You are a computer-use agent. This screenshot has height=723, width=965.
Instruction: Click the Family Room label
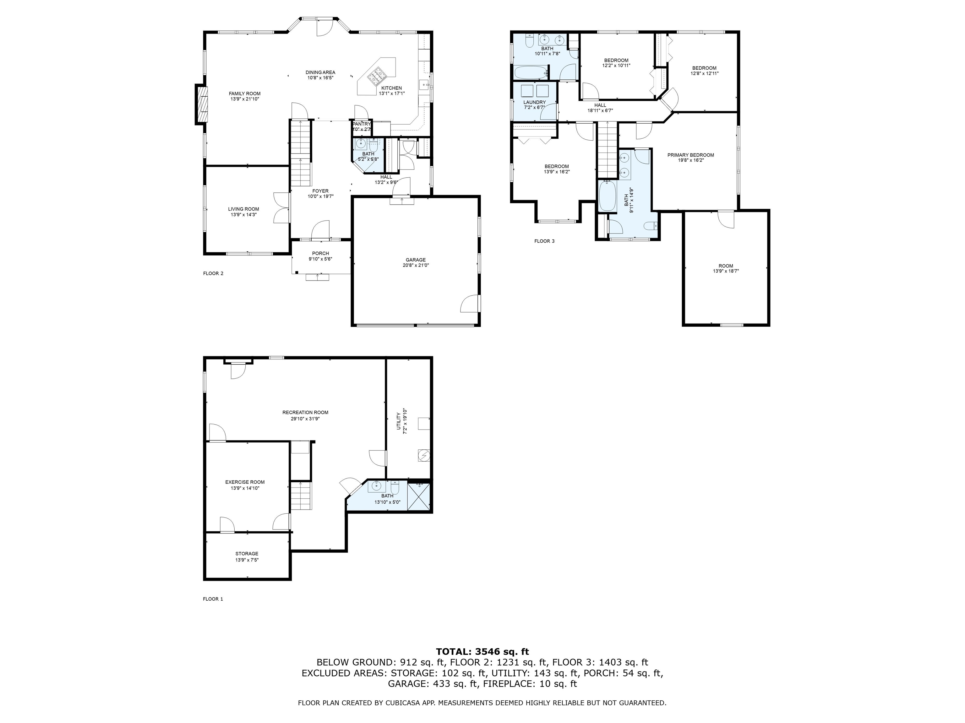(244, 93)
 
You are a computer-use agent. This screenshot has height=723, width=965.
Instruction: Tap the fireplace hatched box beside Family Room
(202, 104)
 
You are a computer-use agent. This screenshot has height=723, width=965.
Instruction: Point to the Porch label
(320, 253)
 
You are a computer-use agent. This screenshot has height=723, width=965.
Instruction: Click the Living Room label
(243, 209)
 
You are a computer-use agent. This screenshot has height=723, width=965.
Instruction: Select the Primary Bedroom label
(690, 155)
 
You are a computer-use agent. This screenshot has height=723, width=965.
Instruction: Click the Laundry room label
(534, 102)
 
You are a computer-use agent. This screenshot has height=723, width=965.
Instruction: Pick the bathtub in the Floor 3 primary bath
(607, 196)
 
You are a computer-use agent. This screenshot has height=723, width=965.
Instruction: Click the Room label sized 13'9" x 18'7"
(726, 266)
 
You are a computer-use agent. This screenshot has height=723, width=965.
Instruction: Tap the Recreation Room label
(305, 412)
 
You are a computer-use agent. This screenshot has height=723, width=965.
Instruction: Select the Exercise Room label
(245, 482)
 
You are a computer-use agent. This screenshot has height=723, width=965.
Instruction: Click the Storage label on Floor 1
(247, 554)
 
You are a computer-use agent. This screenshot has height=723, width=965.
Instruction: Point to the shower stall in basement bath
(419, 497)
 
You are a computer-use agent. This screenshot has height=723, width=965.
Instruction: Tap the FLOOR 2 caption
(213, 273)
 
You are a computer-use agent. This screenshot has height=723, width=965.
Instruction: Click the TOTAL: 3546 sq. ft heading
(482, 651)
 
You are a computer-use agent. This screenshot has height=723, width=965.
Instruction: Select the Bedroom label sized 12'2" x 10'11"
(616, 60)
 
